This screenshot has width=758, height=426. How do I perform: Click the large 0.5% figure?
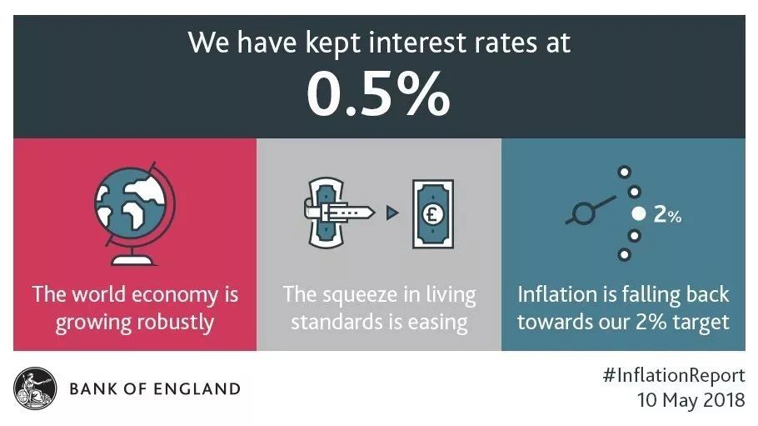[378, 94]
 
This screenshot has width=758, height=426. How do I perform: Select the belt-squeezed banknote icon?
[339, 212]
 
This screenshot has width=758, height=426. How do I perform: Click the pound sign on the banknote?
[432, 213]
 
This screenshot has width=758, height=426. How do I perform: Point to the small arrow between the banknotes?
[392, 213]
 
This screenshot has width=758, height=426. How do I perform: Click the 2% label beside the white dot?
[667, 214]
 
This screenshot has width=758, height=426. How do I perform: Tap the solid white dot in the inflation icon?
[639, 213]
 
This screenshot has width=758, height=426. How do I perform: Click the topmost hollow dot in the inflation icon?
[625, 172]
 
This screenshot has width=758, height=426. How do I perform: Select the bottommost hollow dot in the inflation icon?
[625, 254]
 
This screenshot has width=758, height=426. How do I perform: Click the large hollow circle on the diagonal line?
[582, 213]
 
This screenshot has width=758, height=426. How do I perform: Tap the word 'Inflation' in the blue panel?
[557, 294]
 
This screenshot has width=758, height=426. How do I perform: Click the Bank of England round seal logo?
[35, 388]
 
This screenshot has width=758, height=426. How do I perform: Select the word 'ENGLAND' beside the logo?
[201, 388]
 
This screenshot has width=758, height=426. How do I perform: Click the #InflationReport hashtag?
[674, 376]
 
